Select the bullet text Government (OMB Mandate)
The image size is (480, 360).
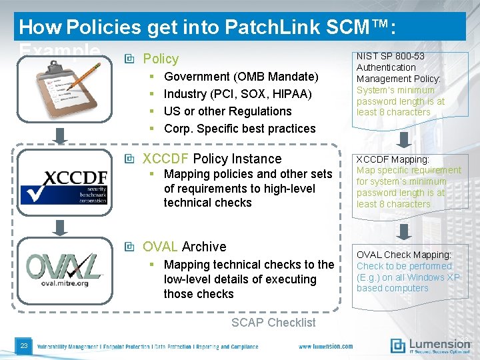coord(241,77)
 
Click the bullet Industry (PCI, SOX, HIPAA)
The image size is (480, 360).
coord(238,94)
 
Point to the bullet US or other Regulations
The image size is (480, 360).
coord(227,111)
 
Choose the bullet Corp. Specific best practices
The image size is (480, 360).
coord(239,129)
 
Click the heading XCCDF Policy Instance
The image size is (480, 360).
coord(212,159)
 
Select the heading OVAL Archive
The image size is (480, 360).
coord(185,247)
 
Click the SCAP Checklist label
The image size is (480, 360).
coord(273,323)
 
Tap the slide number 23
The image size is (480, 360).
coord(24,345)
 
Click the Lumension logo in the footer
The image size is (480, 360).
coord(430,345)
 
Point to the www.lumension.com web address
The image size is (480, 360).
coord(326,347)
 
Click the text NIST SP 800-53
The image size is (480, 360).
coord(391,56)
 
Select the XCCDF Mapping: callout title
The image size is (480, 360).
coord(392,159)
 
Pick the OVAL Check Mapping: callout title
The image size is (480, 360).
coord(403,255)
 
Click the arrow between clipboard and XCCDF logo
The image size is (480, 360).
coord(61,135)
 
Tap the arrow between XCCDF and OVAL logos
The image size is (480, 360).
coord(61,227)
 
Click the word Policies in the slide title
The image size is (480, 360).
coord(105,27)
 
